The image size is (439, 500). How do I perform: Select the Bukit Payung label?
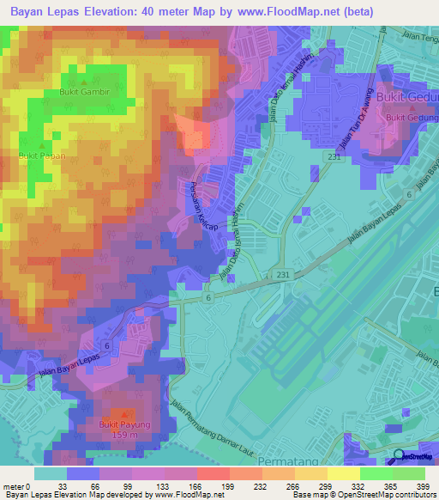tap(124, 424)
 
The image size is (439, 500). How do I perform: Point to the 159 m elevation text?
tap(124, 434)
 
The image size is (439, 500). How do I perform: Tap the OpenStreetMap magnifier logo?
tap(400, 457)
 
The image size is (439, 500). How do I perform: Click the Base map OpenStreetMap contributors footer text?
tap(363, 496)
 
